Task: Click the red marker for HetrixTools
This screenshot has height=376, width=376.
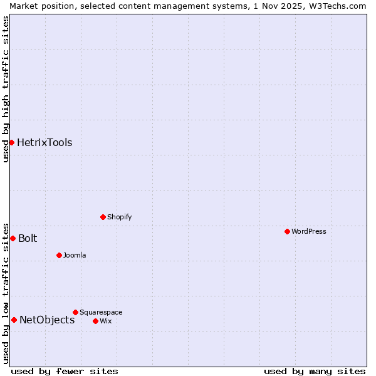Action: click(11, 142)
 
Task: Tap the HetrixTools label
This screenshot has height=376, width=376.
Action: click(44, 143)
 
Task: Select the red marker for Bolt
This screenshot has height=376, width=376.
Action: click(13, 238)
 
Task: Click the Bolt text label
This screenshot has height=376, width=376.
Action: click(28, 238)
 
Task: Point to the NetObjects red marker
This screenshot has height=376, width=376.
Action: click(14, 320)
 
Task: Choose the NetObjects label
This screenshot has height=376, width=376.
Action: click(47, 320)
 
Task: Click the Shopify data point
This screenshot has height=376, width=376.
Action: click(103, 217)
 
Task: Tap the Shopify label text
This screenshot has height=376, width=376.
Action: click(119, 217)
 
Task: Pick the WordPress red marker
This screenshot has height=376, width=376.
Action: click(287, 231)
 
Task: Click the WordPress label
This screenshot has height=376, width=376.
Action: click(309, 231)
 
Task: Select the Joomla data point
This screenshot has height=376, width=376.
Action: click(59, 255)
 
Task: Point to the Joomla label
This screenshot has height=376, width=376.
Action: click(75, 255)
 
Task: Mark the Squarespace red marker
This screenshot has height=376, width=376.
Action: click(75, 312)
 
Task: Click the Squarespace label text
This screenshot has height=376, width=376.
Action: click(101, 312)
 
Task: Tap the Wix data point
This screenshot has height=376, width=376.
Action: click(95, 321)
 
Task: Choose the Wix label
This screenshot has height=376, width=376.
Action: click(105, 321)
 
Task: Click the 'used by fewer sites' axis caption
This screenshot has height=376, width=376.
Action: click(65, 371)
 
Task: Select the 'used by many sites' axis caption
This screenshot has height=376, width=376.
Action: click(315, 371)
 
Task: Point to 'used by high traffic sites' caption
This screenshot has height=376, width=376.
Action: click(6, 90)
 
